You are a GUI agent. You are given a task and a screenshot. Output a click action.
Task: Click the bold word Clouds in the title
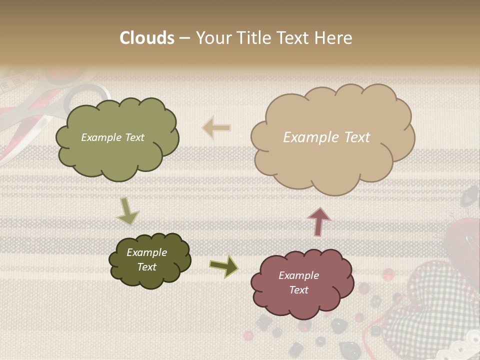point(147,38)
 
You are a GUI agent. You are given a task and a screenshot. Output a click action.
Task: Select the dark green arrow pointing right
point(223,266)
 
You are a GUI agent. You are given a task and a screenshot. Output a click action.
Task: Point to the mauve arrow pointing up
point(319,221)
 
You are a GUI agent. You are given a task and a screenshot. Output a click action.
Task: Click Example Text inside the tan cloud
point(326,137)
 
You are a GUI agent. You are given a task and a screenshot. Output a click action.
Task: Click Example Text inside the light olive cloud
point(112,137)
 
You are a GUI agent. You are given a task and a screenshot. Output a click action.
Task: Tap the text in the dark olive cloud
point(146,259)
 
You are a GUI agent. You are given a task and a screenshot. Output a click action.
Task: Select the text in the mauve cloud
point(298,282)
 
